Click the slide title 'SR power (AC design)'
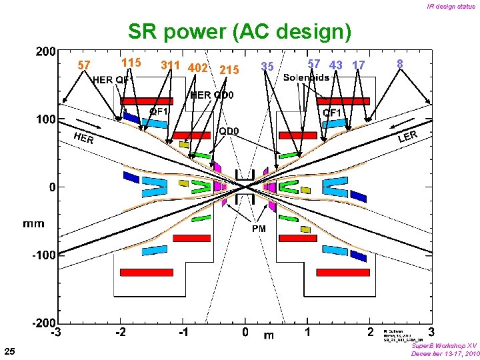(239, 31)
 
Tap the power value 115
(131, 63)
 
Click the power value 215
(229, 69)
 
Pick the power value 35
(267, 67)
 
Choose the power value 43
(336, 65)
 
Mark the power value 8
(399, 64)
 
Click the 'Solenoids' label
(306, 79)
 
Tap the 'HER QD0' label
(212, 95)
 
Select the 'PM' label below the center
(258, 229)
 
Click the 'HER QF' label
(111, 80)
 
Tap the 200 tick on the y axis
(46, 51)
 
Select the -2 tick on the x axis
(120, 332)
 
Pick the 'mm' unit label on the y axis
(33, 224)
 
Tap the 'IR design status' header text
(451, 7)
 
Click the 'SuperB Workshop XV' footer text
(444, 346)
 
